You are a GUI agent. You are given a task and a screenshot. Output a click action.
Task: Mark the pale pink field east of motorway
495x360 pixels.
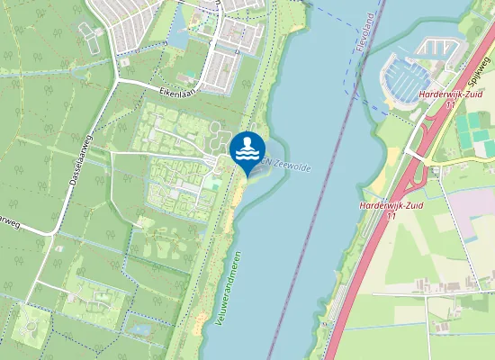[473, 202]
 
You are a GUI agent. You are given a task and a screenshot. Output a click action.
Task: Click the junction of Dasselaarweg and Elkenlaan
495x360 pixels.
[114, 82]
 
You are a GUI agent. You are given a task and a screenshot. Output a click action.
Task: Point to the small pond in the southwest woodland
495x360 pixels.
[140, 329]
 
